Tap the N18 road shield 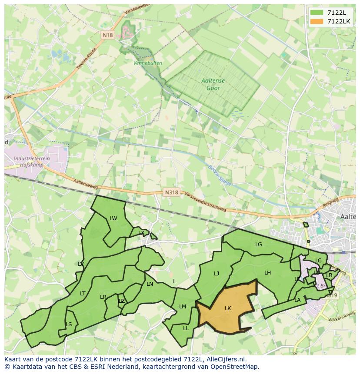[x=108, y=35]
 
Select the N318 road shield [x=172, y=192]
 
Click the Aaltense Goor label [x=211, y=84]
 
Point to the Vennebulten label [x=148, y=63]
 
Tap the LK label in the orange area [x=228, y=308]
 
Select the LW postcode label [x=113, y=218]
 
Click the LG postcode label [x=259, y=245]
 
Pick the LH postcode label [x=267, y=273]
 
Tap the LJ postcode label [x=217, y=274]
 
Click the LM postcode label [x=183, y=307]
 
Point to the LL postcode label [x=186, y=328]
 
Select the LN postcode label [x=150, y=284]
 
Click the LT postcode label [x=83, y=294]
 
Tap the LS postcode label [x=69, y=324]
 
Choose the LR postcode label [x=103, y=297]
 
